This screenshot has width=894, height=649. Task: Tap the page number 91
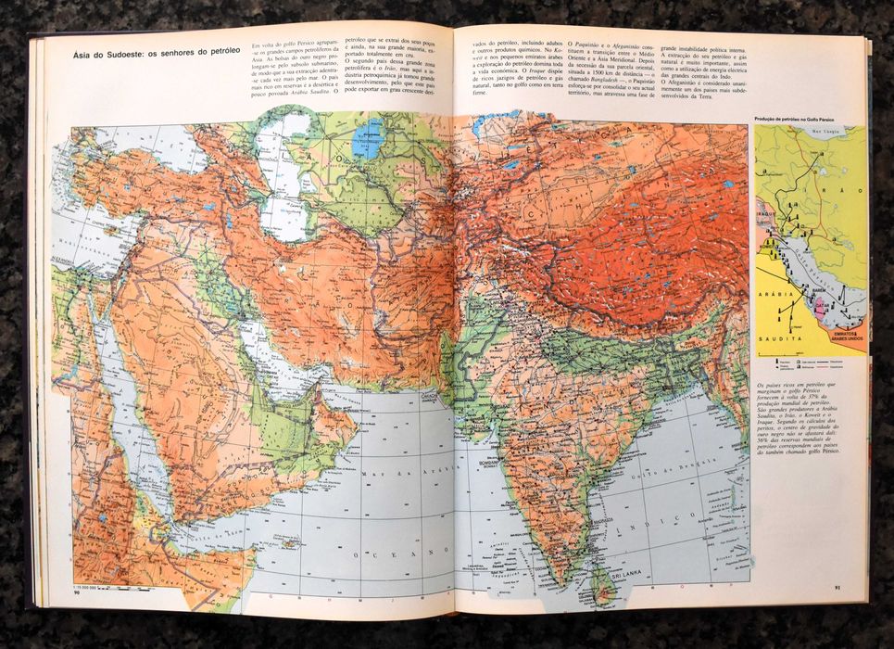pos(837,586)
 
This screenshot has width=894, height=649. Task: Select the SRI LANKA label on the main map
pos(604,574)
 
